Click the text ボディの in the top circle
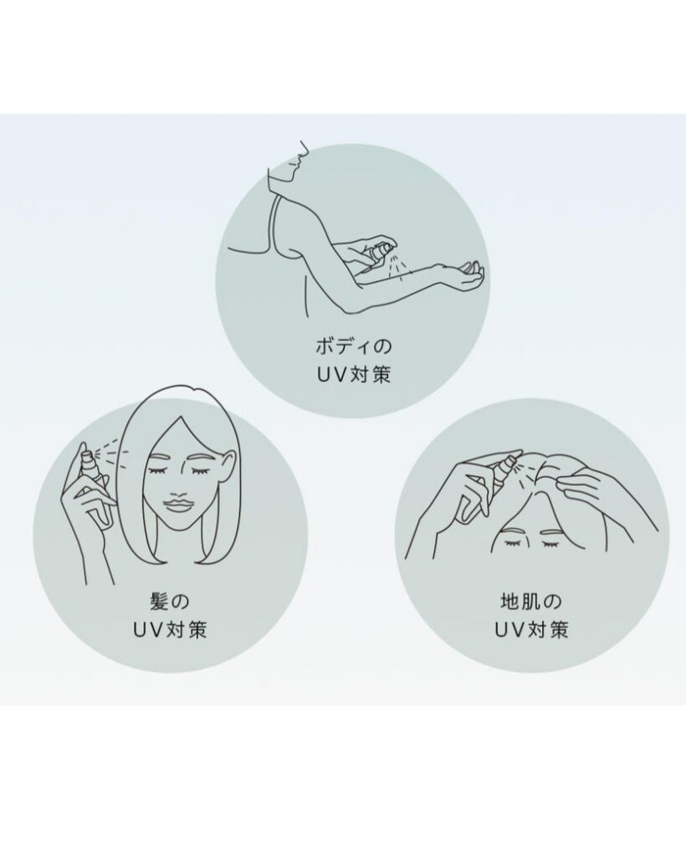coord(353,346)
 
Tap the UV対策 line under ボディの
coord(353,374)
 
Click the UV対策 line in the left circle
coord(170,630)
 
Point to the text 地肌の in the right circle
coord(531,602)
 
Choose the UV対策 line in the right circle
coord(531,630)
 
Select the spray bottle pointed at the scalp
coord(496,471)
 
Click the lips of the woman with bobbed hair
coord(177,503)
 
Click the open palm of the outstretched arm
coord(472,275)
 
